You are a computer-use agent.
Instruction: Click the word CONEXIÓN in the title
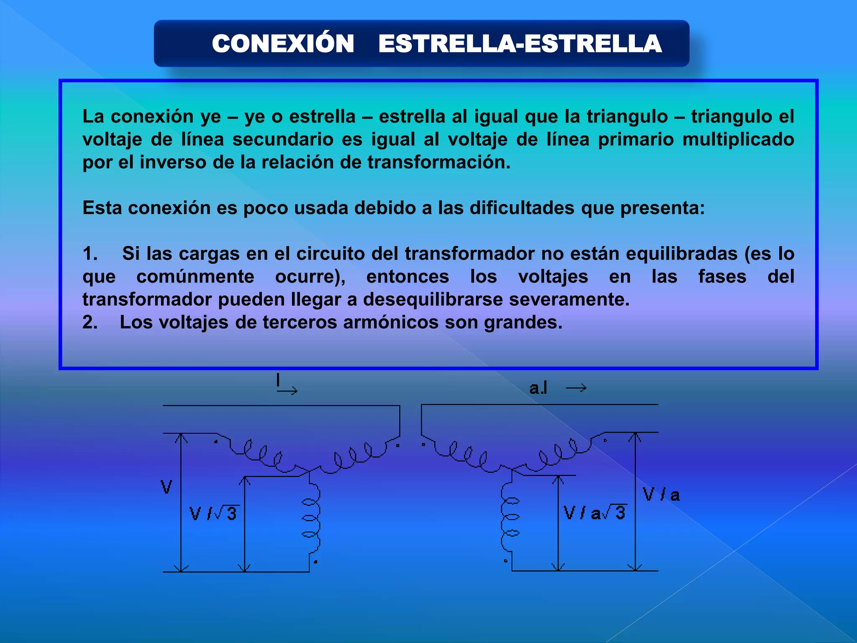tap(283, 44)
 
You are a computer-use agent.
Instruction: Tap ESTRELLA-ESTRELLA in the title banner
tap(520, 44)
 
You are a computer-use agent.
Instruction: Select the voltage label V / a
tap(661, 495)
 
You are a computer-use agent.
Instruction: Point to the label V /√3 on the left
tap(214, 513)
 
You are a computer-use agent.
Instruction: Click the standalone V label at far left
tap(167, 487)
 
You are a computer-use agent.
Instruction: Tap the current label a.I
tap(538, 388)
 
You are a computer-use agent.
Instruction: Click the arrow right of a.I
tap(576, 388)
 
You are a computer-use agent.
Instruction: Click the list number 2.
tap(90, 322)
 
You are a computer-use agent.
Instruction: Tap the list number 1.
tap(90, 254)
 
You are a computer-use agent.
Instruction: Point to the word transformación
tap(439, 162)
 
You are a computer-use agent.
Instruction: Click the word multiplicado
tap(738, 139)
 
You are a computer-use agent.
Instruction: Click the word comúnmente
tap(195, 276)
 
